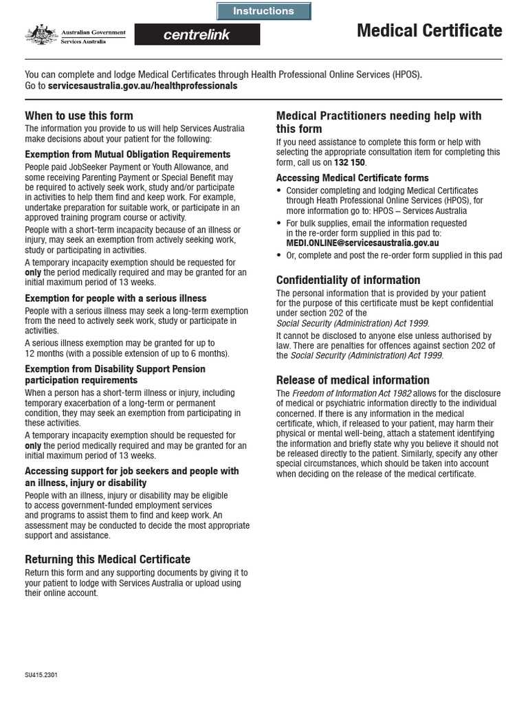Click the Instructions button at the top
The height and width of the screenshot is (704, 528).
[x=263, y=11]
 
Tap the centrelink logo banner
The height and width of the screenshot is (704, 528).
[x=197, y=34]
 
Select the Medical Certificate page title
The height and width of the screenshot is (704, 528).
[x=429, y=31]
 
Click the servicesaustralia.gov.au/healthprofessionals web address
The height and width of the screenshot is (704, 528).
[x=142, y=86]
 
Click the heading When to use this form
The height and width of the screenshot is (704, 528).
[x=79, y=115]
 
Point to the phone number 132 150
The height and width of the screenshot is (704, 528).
[x=350, y=162]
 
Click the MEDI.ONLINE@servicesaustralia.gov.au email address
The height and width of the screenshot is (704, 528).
[x=362, y=243]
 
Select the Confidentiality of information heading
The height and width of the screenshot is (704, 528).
[x=348, y=280]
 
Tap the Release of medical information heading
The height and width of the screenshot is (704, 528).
[x=353, y=380]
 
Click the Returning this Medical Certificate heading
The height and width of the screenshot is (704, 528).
[x=108, y=559]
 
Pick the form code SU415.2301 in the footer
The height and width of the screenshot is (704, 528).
[x=41, y=675]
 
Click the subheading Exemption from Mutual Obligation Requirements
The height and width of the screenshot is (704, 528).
[x=128, y=155]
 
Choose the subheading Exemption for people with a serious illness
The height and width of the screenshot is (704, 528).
[x=115, y=298]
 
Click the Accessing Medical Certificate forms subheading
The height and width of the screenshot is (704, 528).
[x=352, y=178]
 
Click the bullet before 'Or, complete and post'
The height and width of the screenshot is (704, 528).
[x=279, y=256]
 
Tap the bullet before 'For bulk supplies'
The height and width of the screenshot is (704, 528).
[x=279, y=223]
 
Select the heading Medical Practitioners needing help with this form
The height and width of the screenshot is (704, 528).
[x=379, y=122]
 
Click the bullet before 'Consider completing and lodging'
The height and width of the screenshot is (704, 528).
[x=279, y=190]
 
